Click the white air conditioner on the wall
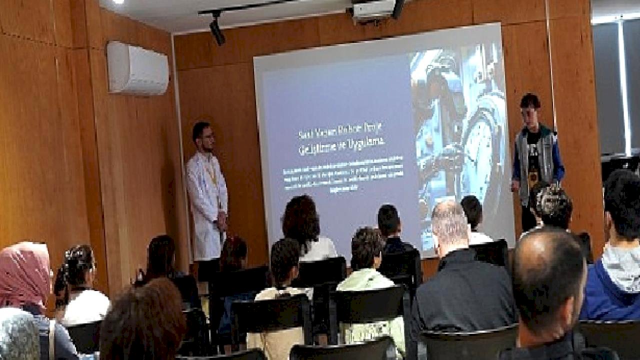(137, 68)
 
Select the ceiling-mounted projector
(375, 10)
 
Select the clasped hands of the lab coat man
(220, 220)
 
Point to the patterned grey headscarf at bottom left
(17, 335)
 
